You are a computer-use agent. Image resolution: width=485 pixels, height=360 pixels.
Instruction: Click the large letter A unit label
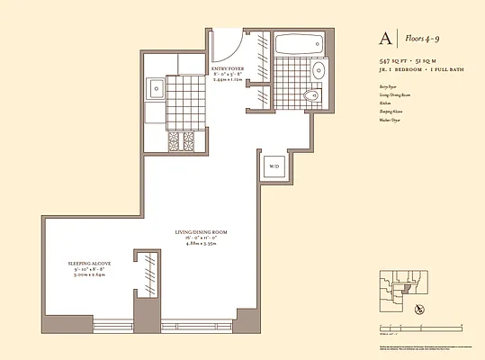pos(385,40)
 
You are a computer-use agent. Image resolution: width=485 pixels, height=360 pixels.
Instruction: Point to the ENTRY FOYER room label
pos(229,67)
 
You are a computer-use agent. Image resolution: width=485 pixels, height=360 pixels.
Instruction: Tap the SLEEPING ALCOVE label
pos(88,265)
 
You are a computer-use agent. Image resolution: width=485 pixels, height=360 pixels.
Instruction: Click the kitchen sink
pos(155,88)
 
